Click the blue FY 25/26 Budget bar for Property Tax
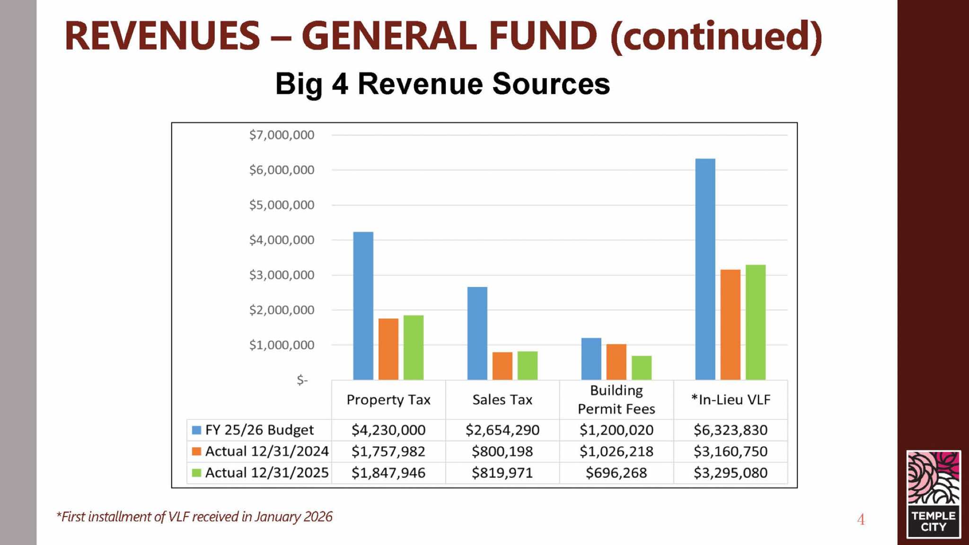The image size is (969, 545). [x=363, y=305]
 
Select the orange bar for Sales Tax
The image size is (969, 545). [x=502, y=366]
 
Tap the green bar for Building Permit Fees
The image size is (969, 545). [x=641, y=367]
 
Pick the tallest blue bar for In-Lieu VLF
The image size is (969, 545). [x=705, y=269]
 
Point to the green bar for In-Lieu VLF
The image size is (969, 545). [x=755, y=322]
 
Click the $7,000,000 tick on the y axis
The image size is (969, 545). [x=282, y=135]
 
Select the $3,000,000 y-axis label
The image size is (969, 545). [x=282, y=275]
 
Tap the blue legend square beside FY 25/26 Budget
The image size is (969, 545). [x=196, y=430]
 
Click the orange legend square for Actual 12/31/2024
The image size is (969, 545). [x=196, y=451]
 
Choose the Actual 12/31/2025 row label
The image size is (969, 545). [x=266, y=473]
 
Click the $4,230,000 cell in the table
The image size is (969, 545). [x=388, y=430]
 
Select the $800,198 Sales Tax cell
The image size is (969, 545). [x=502, y=451]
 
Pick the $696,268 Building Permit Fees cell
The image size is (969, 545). [x=616, y=473]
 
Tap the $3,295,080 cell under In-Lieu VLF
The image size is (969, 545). [x=730, y=473]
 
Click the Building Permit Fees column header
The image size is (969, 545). [x=616, y=399]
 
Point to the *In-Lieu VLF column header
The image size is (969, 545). [x=730, y=400]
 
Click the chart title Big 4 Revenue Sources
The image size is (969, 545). [x=442, y=84]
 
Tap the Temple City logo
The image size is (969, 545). [x=933, y=494]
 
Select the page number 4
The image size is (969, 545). [x=861, y=519]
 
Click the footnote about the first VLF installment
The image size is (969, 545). [x=194, y=517]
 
